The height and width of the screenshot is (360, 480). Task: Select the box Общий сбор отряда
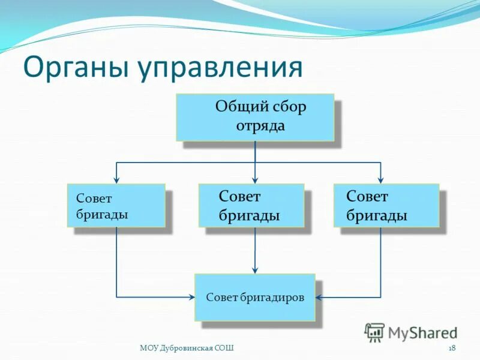point(254,117)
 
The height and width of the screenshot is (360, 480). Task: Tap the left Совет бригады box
point(116,205)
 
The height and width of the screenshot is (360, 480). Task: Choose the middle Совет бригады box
point(251,205)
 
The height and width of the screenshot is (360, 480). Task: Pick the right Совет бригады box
point(386,205)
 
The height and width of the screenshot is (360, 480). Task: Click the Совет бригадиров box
point(254,297)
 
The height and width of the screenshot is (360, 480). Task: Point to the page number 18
point(452,348)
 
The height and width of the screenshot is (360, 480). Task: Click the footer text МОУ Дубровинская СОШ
point(187,348)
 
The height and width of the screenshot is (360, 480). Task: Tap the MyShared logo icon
point(375,331)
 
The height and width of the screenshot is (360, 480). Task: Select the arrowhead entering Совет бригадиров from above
point(255,269)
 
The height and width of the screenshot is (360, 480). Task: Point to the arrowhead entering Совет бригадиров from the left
point(191,297)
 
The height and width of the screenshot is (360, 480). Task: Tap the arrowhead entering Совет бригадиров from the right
point(319,297)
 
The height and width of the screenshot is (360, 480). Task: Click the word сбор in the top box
point(286,108)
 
